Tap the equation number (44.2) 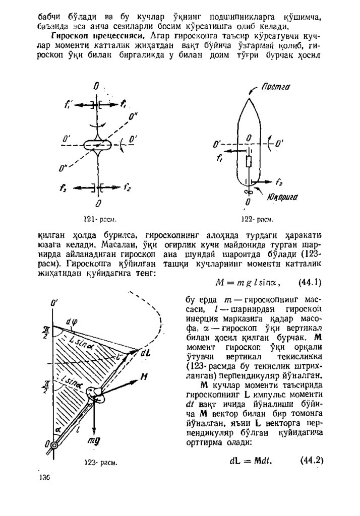coord(311,460)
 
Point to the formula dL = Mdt coord(251,460)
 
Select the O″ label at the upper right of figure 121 coord(133,118)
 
